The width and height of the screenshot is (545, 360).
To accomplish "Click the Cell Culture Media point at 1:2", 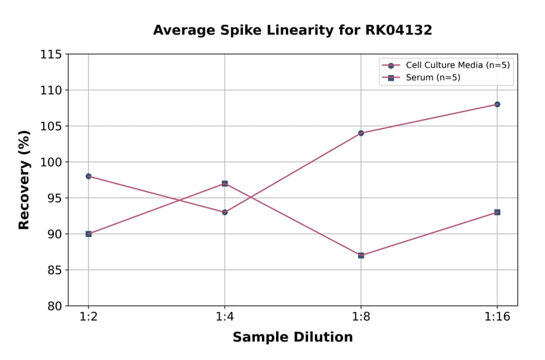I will pyautogui.click(x=88, y=176).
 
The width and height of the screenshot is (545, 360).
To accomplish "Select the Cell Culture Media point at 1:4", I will pyautogui.click(x=225, y=212).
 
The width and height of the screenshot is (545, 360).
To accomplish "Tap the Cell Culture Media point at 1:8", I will pyautogui.click(x=361, y=133).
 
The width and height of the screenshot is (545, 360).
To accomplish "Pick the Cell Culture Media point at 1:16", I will pyautogui.click(x=497, y=104).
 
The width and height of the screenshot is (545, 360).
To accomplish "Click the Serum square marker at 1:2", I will pyautogui.click(x=88, y=234).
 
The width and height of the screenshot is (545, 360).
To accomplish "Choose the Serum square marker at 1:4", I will pyautogui.click(x=225, y=184).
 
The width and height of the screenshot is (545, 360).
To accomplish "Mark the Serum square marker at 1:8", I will pyautogui.click(x=361, y=255).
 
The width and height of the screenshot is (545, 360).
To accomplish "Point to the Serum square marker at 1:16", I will pyautogui.click(x=497, y=212).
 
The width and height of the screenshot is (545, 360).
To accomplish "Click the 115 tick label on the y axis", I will pyautogui.click(x=51, y=55).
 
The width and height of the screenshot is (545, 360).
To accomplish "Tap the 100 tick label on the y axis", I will pyautogui.click(x=51, y=162).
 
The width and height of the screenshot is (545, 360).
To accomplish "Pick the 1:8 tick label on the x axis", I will pyautogui.click(x=361, y=318).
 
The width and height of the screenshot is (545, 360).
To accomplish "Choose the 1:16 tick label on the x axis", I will pyautogui.click(x=497, y=318).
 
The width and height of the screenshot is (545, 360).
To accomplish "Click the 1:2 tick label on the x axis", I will pyautogui.click(x=88, y=318).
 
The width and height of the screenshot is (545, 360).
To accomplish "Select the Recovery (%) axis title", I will pyautogui.click(x=24, y=180).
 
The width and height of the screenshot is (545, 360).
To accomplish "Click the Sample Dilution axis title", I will pyautogui.click(x=292, y=338).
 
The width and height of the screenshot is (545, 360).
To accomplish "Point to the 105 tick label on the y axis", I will pyautogui.click(x=51, y=126).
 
